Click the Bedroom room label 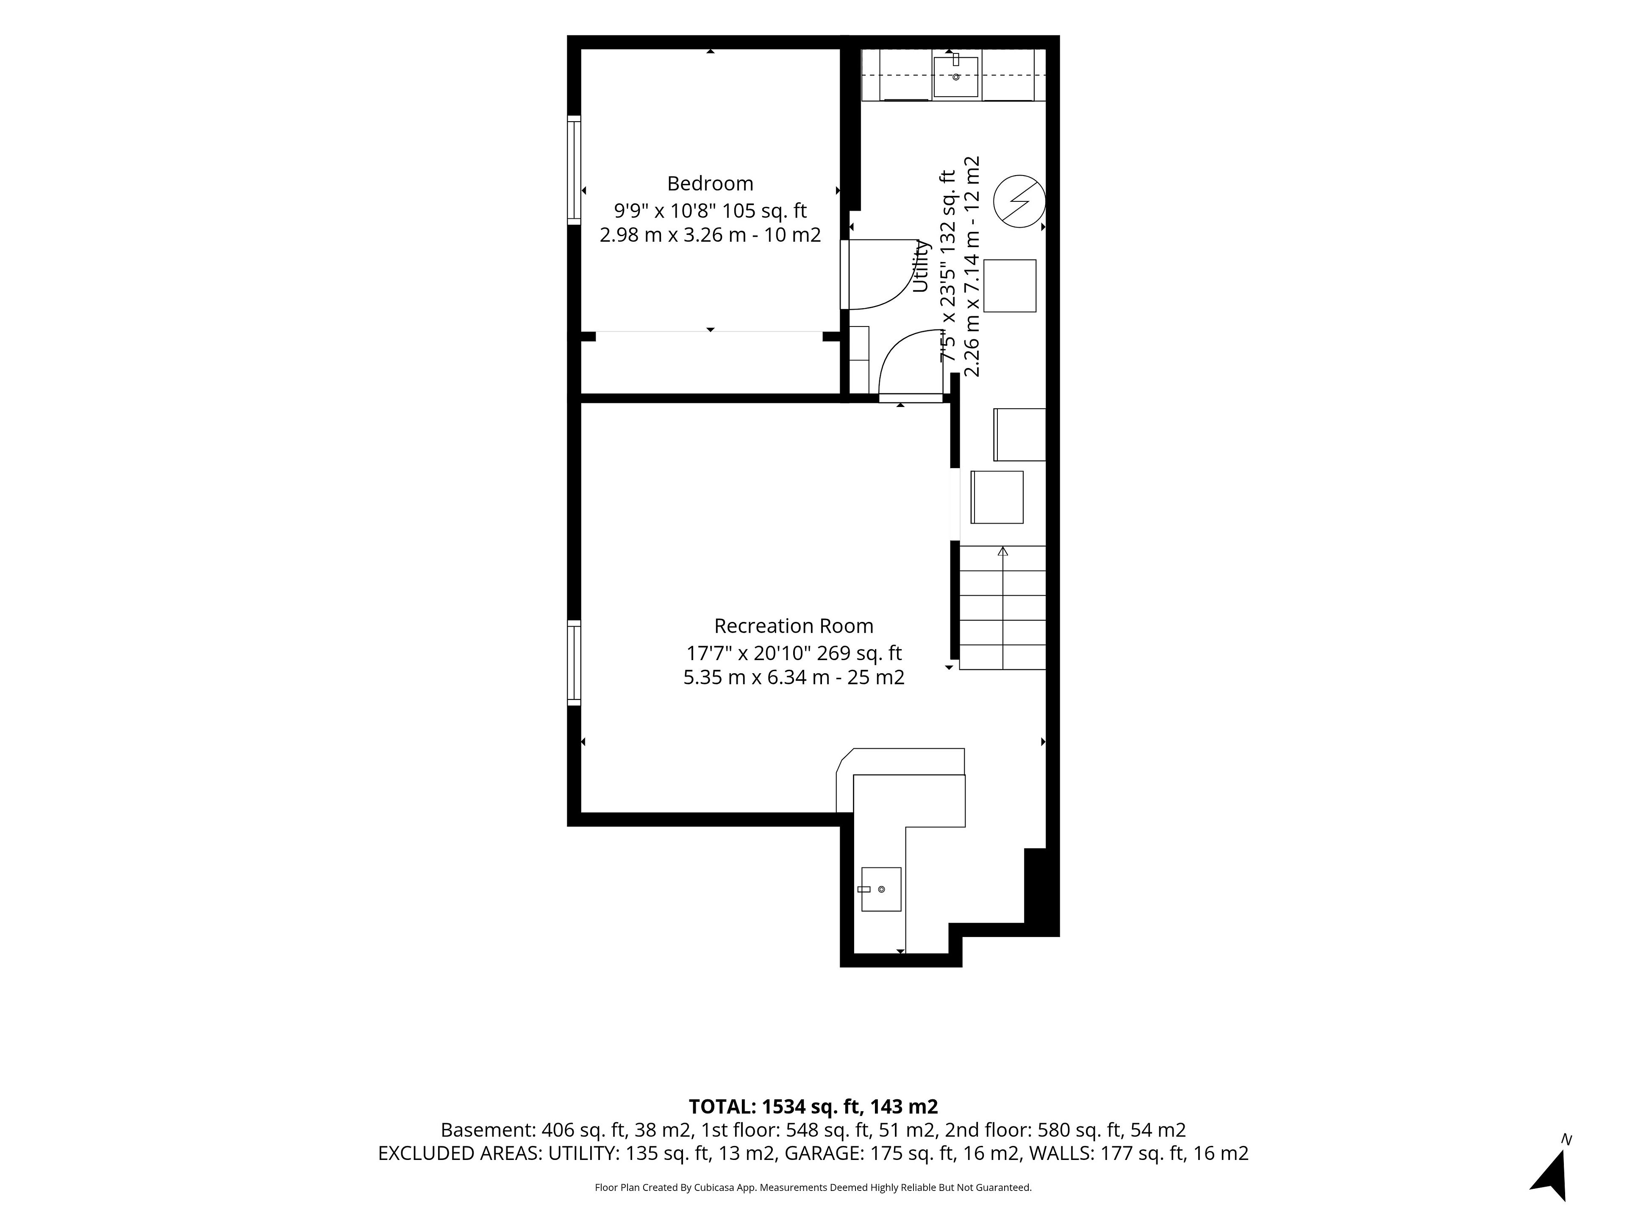point(710,183)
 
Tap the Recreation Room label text point(794,626)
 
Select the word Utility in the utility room point(921,266)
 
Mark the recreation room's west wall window point(574,663)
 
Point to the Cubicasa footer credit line point(813,1187)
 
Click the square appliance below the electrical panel point(1010,286)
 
